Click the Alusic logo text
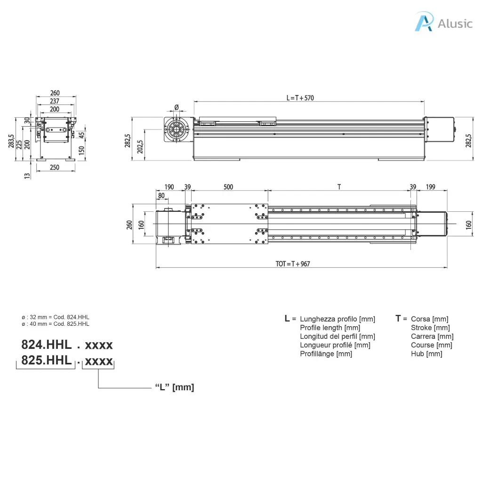[x=455, y=24]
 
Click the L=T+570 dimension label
[x=300, y=98]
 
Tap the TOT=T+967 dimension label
[x=293, y=264]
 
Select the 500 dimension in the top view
[x=228, y=187]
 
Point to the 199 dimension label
[x=430, y=187]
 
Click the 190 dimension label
[x=169, y=187]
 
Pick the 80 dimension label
[x=161, y=195]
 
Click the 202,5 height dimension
[x=140, y=147]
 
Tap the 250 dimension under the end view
[x=55, y=167]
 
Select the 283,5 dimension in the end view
[x=11, y=141]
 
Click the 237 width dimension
[x=55, y=101]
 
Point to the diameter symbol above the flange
[x=177, y=107]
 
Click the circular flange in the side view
[x=176, y=129]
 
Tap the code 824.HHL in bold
[x=47, y=345]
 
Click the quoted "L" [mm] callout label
[x=175, y=387]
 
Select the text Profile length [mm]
[x=330, y=328]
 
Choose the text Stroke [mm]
[x=430, y=328]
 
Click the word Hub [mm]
[x=426, y=354]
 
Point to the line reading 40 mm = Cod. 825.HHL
[x=56, y=324]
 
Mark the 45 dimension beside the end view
[x=81, y=135]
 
